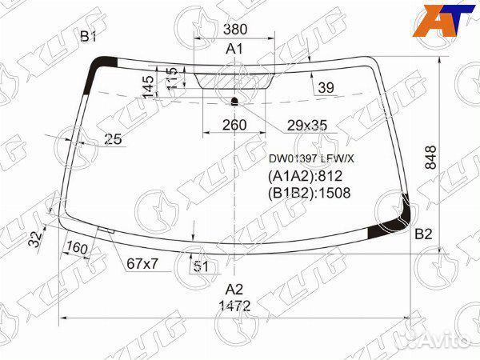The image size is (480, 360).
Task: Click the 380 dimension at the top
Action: (x=234, y=30)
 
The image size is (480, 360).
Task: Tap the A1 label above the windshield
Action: (x=234, y=49)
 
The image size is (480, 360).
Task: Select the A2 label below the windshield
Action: (x=234, y=289)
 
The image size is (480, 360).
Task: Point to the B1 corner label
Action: (x=88, y=37)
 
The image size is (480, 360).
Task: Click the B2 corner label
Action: (x=423, y=234)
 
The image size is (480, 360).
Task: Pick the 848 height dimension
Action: (x=430, y=158)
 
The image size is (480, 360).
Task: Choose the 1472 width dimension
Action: (x=234, y=306)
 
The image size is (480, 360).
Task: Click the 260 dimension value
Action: (x=234, y=125)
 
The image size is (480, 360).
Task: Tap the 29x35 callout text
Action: (x=307, y=126)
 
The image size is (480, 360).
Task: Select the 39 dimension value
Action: (x=326, y=88)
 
